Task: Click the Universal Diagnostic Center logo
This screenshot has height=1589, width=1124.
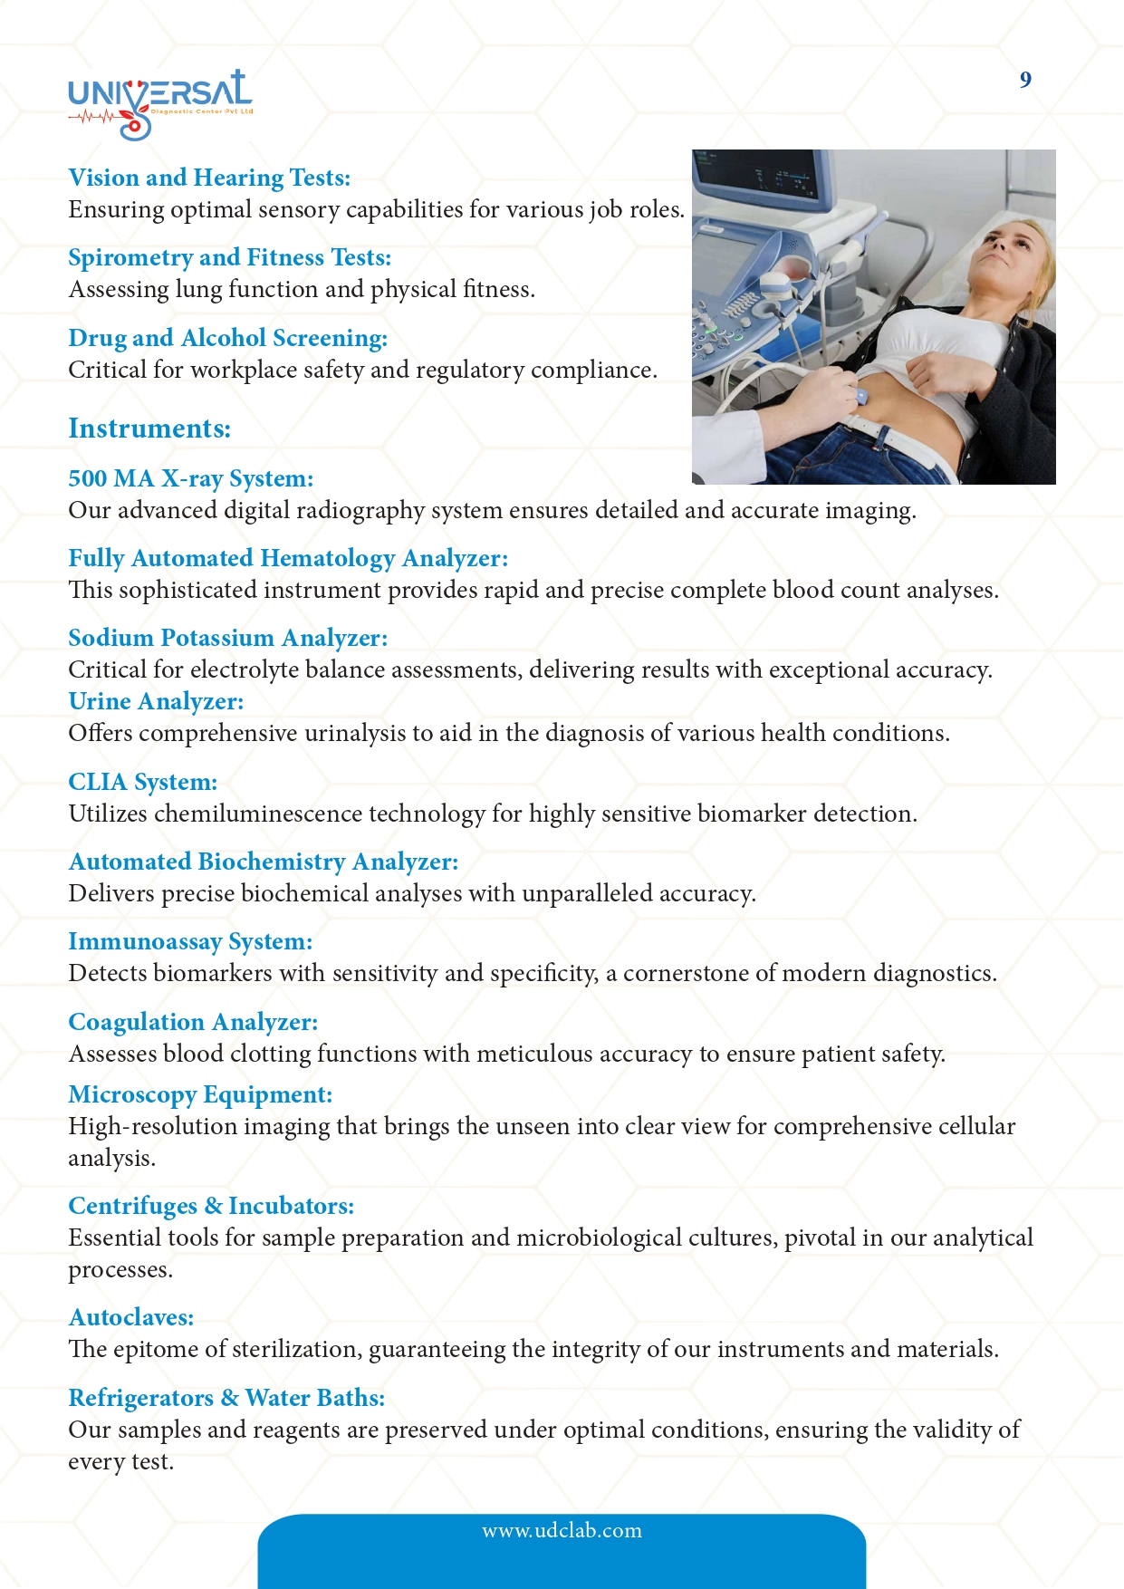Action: coord(159,103)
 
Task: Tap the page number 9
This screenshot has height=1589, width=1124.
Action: coord(1025,80)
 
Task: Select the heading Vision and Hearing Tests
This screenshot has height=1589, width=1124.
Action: coord(209,178)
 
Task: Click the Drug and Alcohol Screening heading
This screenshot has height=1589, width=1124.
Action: coord(227,338)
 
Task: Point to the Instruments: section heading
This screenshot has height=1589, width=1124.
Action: coord(149,429)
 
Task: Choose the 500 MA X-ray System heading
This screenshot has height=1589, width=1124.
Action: coord(190,478)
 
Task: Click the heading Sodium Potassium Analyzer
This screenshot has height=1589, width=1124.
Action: coord(227,638)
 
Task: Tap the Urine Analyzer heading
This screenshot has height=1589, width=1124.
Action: coord(156,701)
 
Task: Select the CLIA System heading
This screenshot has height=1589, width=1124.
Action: coord(143,782)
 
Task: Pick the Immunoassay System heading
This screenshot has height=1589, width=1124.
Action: coord(190,941)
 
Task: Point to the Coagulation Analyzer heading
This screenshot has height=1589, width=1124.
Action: coord(193,1022)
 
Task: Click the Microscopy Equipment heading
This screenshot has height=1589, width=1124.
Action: coord(200,1094)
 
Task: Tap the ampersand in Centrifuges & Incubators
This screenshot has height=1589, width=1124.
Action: coord(213,1206)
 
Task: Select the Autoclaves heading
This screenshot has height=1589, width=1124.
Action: coord(131,1317)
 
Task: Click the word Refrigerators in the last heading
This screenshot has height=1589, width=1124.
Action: coord(141,1398)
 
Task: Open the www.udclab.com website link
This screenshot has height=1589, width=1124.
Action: coord(562,1530)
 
